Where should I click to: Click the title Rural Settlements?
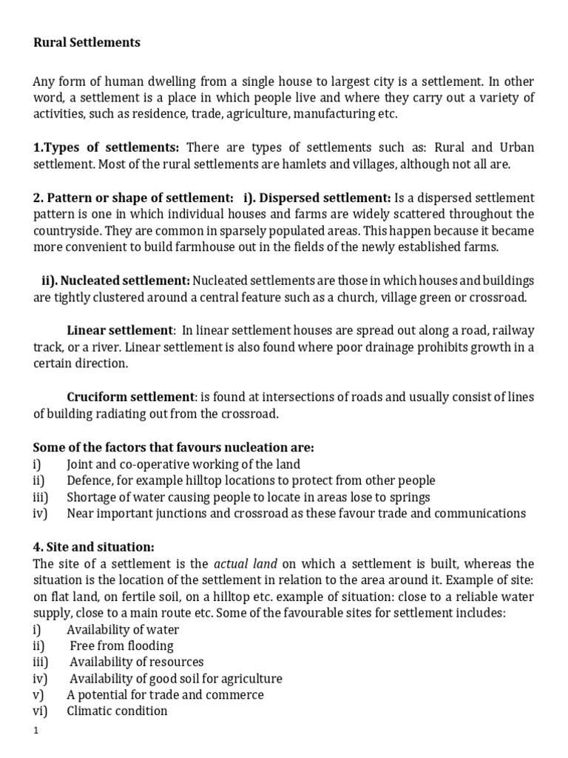coord(87,43)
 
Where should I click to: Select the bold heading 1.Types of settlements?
coord(106,147)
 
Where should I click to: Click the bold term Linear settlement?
coord(119,330)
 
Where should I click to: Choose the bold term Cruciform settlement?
coord(130,397)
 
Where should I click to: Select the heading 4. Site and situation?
coord(94,547)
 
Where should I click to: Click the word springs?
coord(410,497)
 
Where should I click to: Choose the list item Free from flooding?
coord(122,646)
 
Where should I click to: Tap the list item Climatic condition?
coord(117,711)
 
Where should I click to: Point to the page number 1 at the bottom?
coord(35,731)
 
